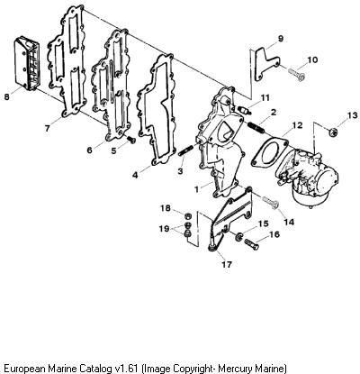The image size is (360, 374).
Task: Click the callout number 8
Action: pos(6,97)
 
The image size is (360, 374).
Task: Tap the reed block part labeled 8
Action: pos(27,64)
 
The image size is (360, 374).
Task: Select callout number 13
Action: pos(353,115)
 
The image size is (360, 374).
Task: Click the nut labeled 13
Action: pos(333,131)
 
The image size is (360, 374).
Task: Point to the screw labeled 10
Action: pos(297,74)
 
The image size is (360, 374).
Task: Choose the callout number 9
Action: pos(281,39)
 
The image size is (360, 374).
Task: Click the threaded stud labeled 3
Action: pos(184,151)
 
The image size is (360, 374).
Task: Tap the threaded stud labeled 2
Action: pos(256,126)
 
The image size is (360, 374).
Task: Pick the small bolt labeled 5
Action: pos(130,140)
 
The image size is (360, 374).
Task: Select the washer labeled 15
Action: pos(239,236)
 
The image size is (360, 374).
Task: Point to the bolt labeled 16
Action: pos(251,243)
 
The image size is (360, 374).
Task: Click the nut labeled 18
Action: pos(187,215)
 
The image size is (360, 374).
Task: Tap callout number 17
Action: pos(227,264)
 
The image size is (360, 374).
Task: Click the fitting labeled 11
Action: pos(245,110)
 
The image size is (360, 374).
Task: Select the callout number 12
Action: pos(298,124)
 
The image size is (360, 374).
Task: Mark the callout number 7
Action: pos(47,128)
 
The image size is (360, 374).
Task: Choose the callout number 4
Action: pos(135,175)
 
